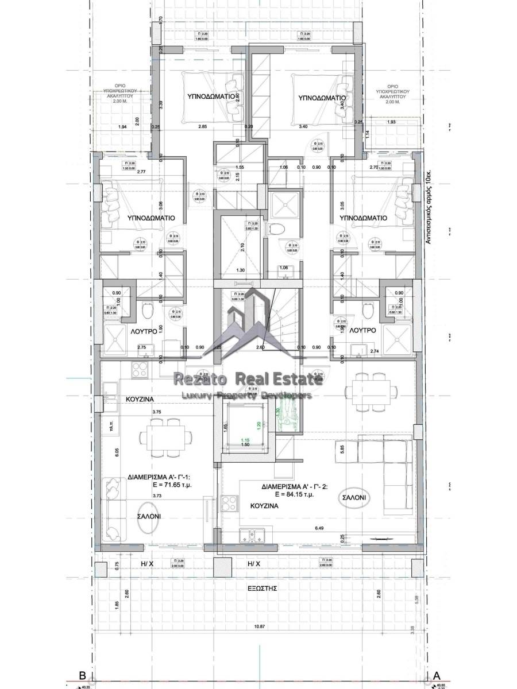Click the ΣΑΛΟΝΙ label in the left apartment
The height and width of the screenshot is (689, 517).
coord(149,516)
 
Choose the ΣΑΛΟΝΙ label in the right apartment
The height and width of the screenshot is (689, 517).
coord(356,497)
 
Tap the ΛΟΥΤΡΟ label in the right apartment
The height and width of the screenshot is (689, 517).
coord(362,331)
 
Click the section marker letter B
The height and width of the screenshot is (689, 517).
coord(82,675)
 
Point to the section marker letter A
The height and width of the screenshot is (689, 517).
coord(437,675)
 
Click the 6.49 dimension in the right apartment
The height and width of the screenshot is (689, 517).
coord(321,528)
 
